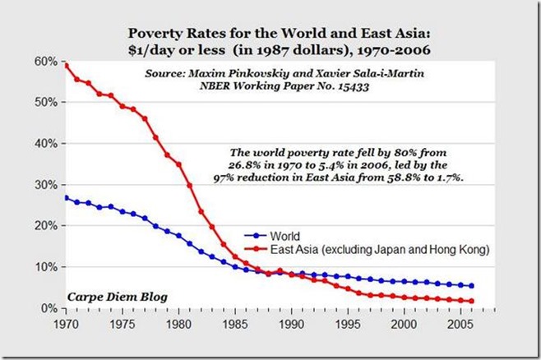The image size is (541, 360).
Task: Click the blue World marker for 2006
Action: (x=471, y=286)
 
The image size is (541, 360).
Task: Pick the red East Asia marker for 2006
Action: (x=471, y=301)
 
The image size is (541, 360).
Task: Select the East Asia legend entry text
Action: (x=370, y=246)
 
